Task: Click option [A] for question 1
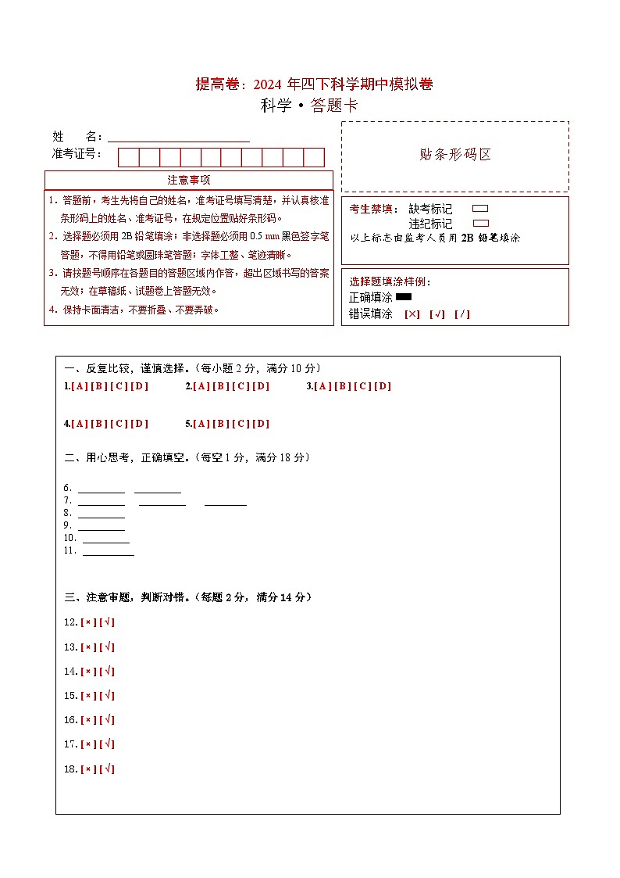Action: (x=79, y=386)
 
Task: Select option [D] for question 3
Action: (x=383, y=386)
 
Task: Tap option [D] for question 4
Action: (x=139, y=424)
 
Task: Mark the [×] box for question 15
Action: (x=88, y=696)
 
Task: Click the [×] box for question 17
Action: (x=88, y=744)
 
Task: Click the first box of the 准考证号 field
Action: (x=128, y=157)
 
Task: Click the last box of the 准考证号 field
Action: (x=314, y=157)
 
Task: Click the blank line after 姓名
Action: (x=179, y=138)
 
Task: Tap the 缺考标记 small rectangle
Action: (x=480, y=209)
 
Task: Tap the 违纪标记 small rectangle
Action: (x=480, y=224)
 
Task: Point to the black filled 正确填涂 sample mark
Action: (x=404, y=297)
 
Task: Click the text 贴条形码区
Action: (x=455, y=155)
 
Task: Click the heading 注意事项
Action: (x=188, y=180)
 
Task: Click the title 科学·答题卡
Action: (x=309, y=106)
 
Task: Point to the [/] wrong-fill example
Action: (x=462, y=314)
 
